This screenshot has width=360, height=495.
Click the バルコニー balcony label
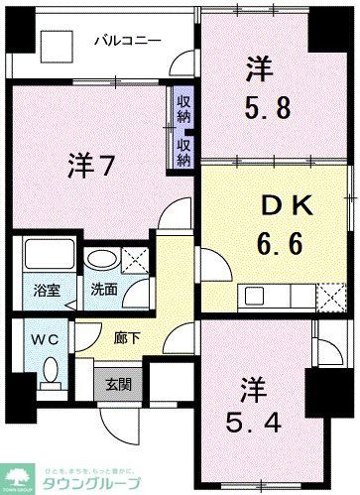[x=122, y=41]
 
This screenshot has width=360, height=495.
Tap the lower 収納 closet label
[x=184, y=150]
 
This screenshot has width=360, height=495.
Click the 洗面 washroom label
[x=105, y=293]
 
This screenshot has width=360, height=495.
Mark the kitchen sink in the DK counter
[x=256, y=296]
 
